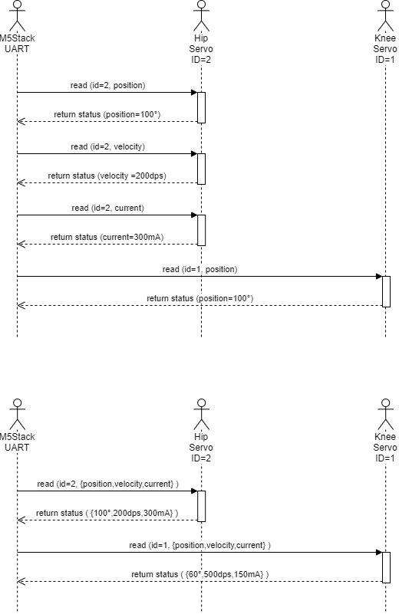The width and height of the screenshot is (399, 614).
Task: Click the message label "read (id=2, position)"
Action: click(x=107, y=85)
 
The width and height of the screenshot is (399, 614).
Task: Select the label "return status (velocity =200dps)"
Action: click(x=107, y=176)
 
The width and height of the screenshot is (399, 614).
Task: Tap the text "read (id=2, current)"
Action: click(x=107, y=208)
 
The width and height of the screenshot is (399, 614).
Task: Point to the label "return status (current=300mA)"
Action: click(x=107, y=237)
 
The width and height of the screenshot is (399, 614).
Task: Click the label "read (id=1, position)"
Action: click(x=200, y=269)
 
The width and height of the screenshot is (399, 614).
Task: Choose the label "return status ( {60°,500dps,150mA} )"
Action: click(x=200, y=574)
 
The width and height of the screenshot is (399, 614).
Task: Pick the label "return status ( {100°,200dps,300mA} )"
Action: click(x=107, y=513)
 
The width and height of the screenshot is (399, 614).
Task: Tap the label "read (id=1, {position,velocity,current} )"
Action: click(x=200, y=545)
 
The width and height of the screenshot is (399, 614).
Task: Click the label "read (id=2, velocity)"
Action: click(x=107, y=146)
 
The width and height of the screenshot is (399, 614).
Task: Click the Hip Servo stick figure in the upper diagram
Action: click(x=202, y=15)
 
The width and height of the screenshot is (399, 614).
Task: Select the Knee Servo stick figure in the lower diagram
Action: click(x=386, y=414)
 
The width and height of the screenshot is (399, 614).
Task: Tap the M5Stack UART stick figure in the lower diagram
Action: click(x=17, y=414)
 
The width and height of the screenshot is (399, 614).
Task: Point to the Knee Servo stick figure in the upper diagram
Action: click(x=386, y=15)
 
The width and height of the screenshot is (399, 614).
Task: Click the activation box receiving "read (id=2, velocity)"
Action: click(x=202, y=169)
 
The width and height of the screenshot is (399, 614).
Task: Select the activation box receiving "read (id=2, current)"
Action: click(x=202, y=230)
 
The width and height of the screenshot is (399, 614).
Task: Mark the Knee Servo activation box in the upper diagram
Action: click(x=386, y=292)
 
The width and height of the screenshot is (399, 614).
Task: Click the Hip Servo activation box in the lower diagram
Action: click(x=202, y=507)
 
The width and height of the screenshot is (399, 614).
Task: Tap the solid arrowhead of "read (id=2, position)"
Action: click(x=194, y=93)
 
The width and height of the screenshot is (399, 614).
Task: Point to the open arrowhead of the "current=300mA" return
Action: click(x=21, y=245)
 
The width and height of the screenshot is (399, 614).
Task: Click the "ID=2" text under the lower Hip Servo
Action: click(x=201, y=458)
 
